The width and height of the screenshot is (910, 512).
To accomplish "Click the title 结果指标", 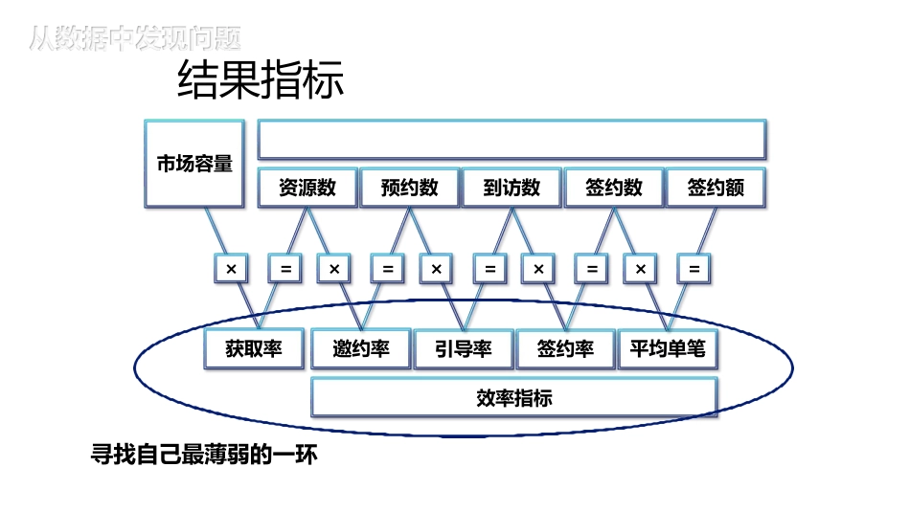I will (261, 80).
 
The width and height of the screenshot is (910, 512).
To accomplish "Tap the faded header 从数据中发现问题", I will (134, 38).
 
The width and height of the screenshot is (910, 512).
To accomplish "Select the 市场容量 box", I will (194, 164).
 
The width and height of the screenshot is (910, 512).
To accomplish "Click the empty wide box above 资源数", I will (512, 140).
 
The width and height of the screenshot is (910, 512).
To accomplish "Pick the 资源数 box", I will (307, 188).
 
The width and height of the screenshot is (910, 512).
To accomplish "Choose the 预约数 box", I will (409, 188).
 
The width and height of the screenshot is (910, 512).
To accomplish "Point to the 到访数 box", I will (512, 188).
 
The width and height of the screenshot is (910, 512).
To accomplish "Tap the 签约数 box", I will (614, 188).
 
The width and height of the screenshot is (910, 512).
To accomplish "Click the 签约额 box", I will (716, 188).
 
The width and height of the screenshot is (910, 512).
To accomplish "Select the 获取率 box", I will (254, 349).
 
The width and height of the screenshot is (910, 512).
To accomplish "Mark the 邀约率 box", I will (360, 349).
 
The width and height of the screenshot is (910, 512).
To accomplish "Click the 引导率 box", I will (464, 349).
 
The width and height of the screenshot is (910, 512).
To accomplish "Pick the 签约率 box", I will (565, 349).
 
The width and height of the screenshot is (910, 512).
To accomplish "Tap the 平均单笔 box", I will (667, 349).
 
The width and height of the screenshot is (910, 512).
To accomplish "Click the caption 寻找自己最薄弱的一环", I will (203, 456).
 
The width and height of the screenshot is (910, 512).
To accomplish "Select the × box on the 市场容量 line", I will (231, 269).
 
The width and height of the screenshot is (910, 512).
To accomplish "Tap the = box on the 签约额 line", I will (694, 269).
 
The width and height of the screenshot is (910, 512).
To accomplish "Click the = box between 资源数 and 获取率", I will (284, 269).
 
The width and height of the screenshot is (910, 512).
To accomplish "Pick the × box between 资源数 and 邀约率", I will (334, 269).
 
